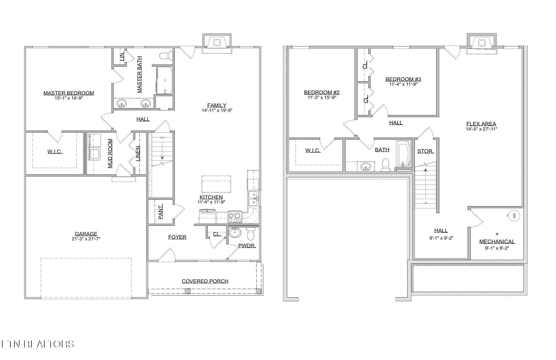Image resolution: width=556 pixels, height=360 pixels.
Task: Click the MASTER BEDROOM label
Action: point(69,93)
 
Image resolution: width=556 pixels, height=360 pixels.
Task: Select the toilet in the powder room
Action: point(250,234)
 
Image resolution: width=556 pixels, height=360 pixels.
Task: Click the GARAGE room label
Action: point(86,234)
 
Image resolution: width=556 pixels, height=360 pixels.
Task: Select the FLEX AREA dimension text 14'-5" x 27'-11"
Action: point(481,129)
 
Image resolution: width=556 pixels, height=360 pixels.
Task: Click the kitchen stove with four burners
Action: point(235,217)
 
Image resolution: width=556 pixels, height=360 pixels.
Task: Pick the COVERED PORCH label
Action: point(205,281)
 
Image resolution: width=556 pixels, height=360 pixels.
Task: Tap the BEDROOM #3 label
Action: point(403,79)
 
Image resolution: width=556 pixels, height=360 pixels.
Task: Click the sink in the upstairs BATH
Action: point(365,166)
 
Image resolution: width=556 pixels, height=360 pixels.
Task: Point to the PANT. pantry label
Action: point(161,211)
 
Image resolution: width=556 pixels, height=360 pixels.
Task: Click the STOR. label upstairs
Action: point(425,151)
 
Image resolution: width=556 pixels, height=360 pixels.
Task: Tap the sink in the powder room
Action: point(235,232)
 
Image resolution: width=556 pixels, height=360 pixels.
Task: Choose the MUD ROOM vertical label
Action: point(110,153)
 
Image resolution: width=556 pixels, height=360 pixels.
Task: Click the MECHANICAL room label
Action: point(497,241)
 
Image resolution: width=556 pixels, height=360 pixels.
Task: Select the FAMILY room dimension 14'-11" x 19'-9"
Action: point(217,110)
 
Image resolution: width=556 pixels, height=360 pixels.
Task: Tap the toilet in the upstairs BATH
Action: point(386,165)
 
